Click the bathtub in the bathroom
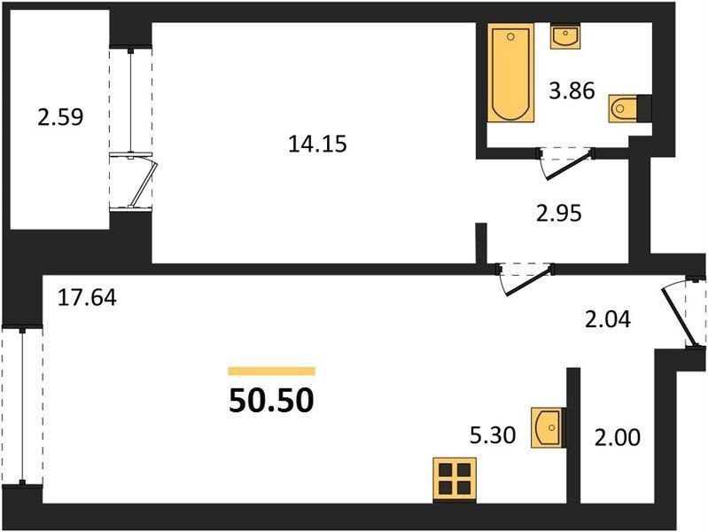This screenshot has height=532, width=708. (x=510, y=74)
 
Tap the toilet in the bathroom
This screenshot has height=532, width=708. (x=625, y=108)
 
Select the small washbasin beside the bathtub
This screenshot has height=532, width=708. (x=565, y=36)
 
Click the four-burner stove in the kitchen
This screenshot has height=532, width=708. (x=455, y=479)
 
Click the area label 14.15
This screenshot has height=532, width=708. (x=317, y=145)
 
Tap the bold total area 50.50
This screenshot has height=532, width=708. (x=271, y=401)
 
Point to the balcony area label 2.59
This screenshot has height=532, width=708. (x=60, y=118)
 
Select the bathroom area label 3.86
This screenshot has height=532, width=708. (x=572, y=91)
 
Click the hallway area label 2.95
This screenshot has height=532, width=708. (x=559, y=214)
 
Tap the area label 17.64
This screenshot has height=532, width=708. (x=87, y=298)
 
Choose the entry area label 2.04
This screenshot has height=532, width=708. (x=608, y=320)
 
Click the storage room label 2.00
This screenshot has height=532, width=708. (x=618, y=437)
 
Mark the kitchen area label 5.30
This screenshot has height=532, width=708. (x=493, y=435)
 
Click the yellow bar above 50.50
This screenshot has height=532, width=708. (x=271, y=372)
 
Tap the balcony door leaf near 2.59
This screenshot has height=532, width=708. (x=143, y=184)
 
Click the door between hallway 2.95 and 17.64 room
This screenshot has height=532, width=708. (x=526, y=280)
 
